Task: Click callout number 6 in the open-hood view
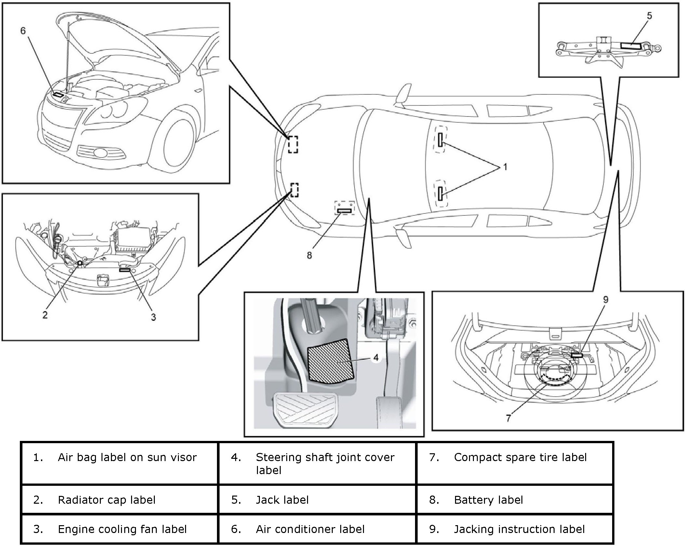23,31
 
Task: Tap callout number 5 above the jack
649,16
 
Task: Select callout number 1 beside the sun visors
505,167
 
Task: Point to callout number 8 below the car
309,255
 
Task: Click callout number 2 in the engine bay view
45,315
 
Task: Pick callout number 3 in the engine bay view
153,317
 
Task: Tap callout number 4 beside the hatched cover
376,358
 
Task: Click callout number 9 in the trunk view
605,300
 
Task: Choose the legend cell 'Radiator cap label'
107,500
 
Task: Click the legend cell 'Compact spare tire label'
520,457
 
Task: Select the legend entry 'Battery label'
488,500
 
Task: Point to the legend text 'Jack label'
282,500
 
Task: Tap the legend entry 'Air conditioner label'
310,529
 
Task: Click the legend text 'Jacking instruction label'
519,529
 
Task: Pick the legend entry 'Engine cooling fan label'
122,529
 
